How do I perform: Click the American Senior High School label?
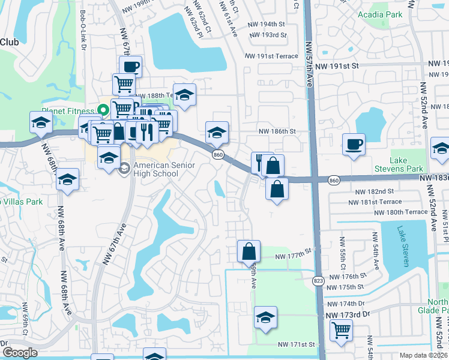155,170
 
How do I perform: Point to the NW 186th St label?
277,131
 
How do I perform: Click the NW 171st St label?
297,344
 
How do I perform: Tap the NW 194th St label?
266,25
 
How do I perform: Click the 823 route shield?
318,280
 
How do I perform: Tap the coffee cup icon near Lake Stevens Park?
354,144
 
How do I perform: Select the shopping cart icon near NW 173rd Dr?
341,329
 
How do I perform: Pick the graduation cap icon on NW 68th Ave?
68,179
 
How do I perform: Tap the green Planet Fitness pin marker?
103,110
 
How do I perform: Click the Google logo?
20,353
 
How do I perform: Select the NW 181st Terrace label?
377,202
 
